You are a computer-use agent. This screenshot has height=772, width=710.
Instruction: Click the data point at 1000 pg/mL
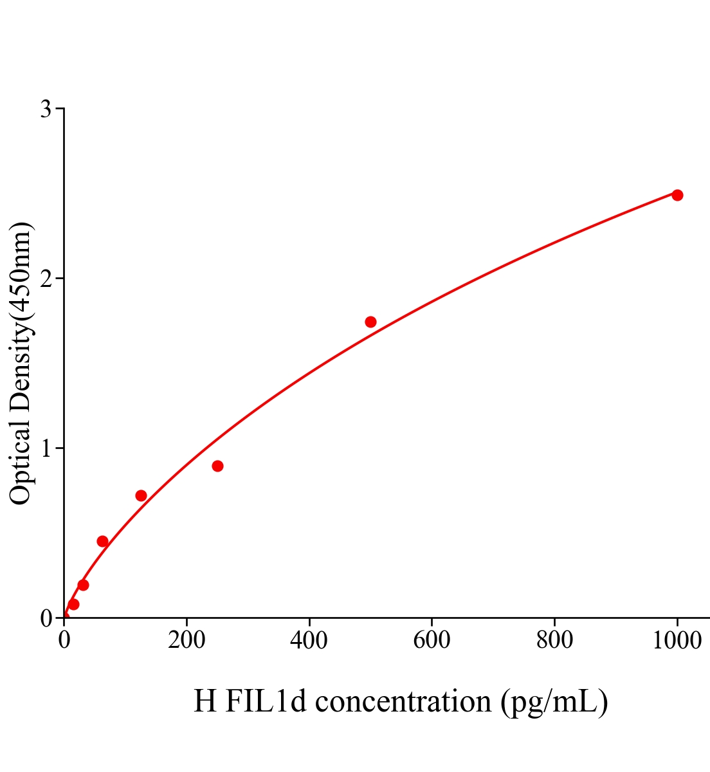(x=677, y=195)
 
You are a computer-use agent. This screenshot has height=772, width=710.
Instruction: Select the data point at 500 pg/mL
(x=370, y=322)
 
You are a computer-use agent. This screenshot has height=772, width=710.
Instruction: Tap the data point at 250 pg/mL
(x=217, y=466)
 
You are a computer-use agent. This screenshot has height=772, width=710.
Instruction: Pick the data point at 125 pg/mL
(x=141, y=495)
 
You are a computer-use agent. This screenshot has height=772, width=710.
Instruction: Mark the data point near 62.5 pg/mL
(x=102, y=541)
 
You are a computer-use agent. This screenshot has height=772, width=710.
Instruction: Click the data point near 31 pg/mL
(x=83, y=585)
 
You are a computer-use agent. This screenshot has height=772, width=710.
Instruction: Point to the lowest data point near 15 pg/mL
(x=73, y=604)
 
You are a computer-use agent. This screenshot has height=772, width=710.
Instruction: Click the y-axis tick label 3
(x=46, y=109)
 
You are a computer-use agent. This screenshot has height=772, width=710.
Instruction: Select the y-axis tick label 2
(x=46, y=279)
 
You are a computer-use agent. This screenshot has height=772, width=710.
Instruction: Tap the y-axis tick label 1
(x=46, y=448)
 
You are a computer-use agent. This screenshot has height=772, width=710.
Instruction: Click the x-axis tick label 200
(x=187, y=641)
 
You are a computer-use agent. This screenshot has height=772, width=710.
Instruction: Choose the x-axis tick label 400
(x=309, y=641)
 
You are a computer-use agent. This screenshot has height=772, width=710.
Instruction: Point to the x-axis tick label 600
(x=432, y=641)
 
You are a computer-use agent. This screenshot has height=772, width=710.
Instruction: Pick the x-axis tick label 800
(x=554, y=641)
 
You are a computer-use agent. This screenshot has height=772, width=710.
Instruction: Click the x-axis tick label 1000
(x=677, y=641)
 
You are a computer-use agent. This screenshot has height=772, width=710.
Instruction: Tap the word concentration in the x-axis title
(x=403, y=701)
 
